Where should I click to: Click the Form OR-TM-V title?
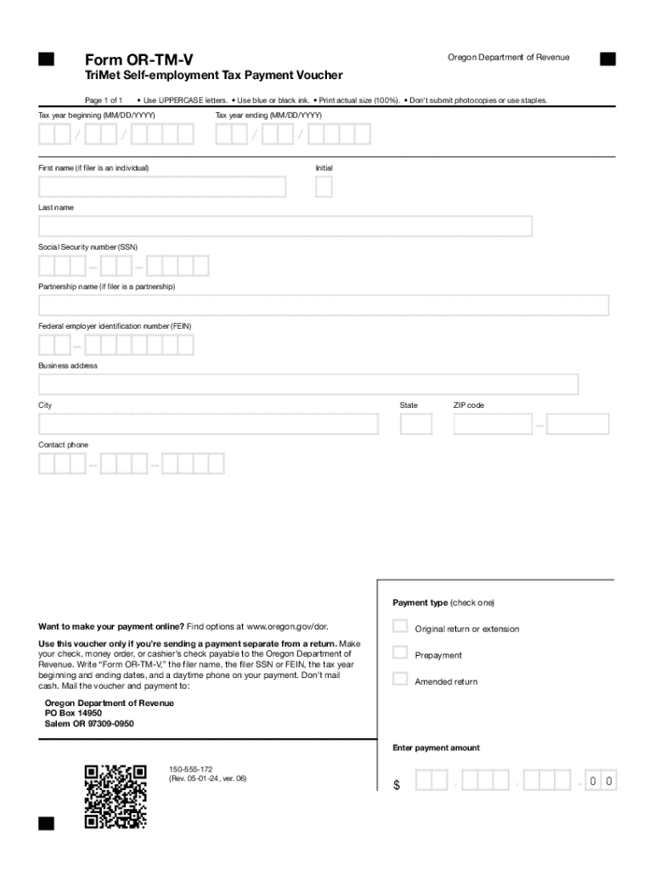(138, 59)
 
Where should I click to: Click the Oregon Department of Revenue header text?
(508, 57)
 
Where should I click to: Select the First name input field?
(162, 187)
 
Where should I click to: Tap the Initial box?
(324, 187)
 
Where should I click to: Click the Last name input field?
(285, 226)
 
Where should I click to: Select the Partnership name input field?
(324, 305)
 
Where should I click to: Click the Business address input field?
(308, 384)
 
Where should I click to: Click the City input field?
(208, 424)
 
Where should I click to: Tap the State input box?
(416, 424)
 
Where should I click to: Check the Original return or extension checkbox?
(400, 627)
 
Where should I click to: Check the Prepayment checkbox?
(400, 653)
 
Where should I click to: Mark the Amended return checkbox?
(400, 679)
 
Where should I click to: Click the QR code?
(116, 797)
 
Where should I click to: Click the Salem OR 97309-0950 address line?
(89, 724)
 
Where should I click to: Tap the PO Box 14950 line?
(73, 714)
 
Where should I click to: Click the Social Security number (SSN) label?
(87, 247)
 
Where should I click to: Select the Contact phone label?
(63, 445)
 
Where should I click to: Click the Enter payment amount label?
(436, 749)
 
